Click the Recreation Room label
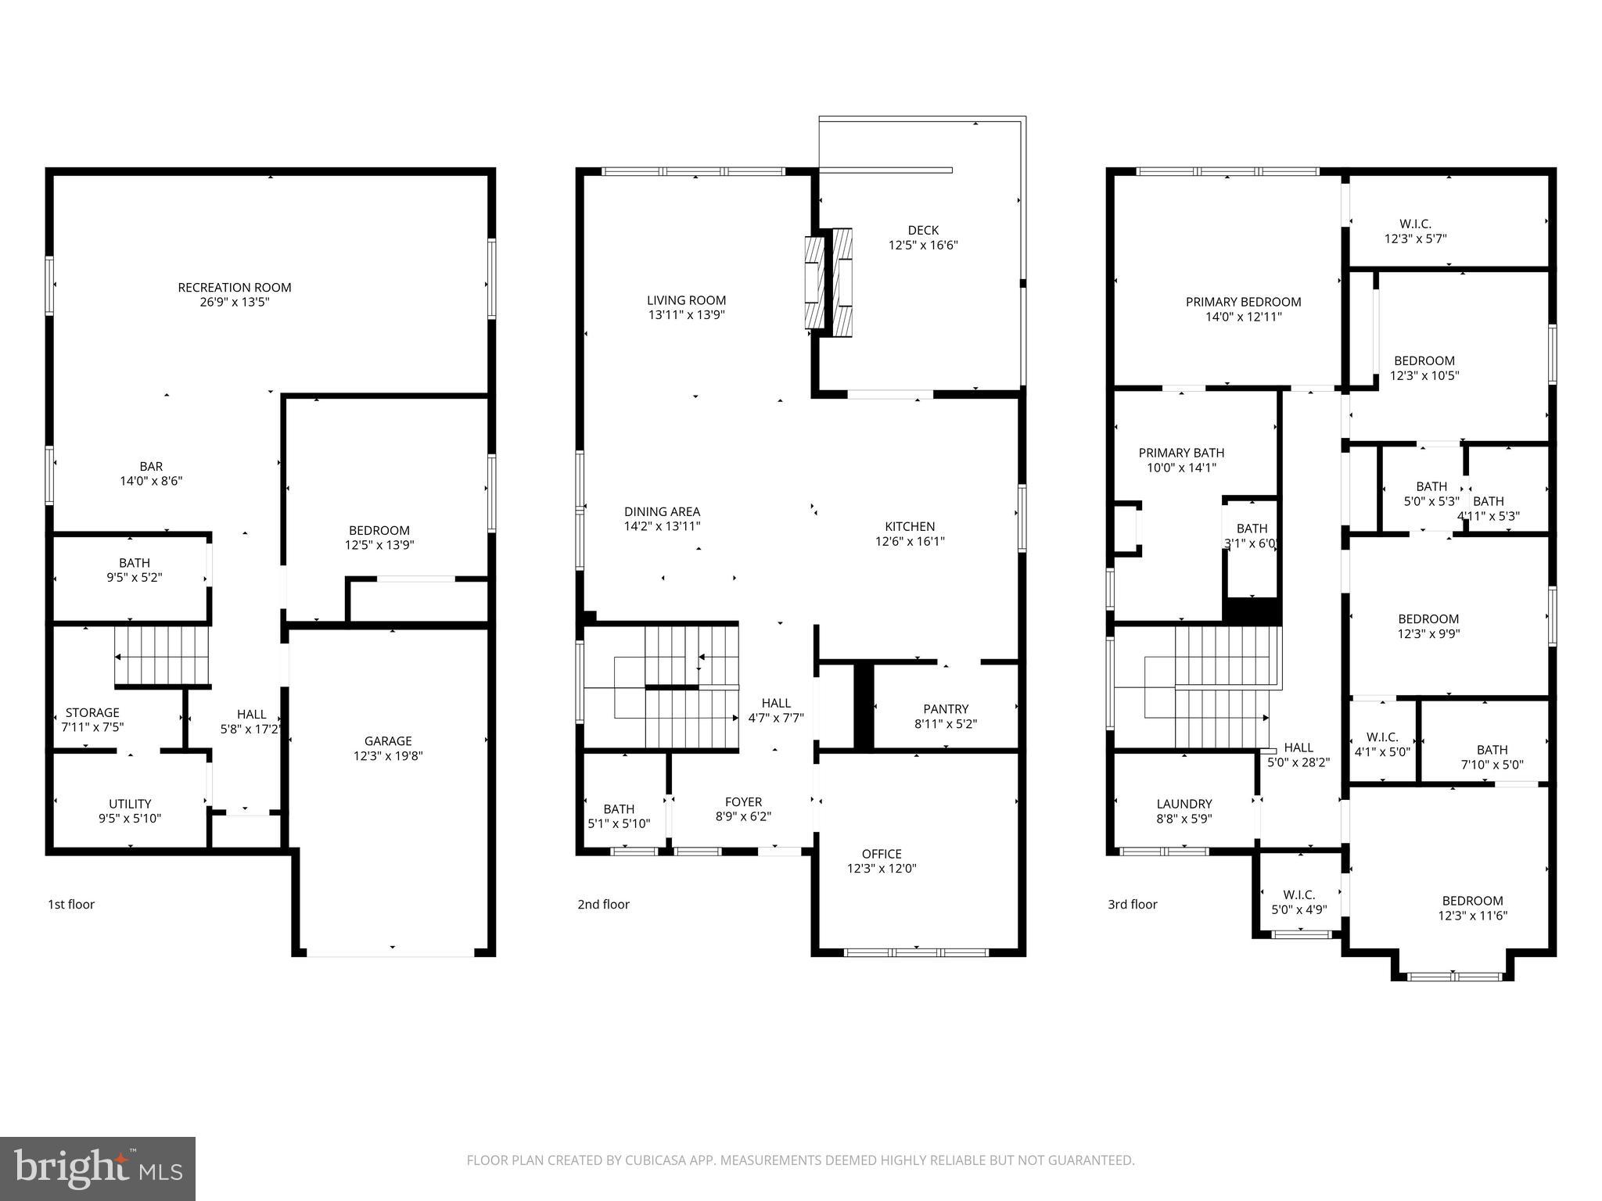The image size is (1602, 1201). [235, 288]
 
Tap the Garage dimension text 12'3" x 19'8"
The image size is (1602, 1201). [388, 756]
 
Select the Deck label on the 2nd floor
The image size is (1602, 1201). [923, 230]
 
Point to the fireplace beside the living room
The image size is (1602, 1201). [828, 282]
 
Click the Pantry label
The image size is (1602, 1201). [946, 709]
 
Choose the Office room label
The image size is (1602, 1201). [882, 854]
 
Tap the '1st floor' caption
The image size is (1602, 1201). [71, 905]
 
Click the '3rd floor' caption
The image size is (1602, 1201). [1132, 905]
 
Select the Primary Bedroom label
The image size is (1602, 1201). [1243, 302]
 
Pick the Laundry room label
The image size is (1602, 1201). [1184, 804]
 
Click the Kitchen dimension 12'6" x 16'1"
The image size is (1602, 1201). [910, 541]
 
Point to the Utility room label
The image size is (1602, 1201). [130, 804]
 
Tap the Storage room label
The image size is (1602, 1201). [92, 712]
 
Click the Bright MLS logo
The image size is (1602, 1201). [98, 1169]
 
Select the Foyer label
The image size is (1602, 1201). [743, 802]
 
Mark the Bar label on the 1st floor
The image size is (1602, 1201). [151, 467]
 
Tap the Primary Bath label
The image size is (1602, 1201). [1181, 453]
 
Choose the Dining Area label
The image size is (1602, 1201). [662, 512]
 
